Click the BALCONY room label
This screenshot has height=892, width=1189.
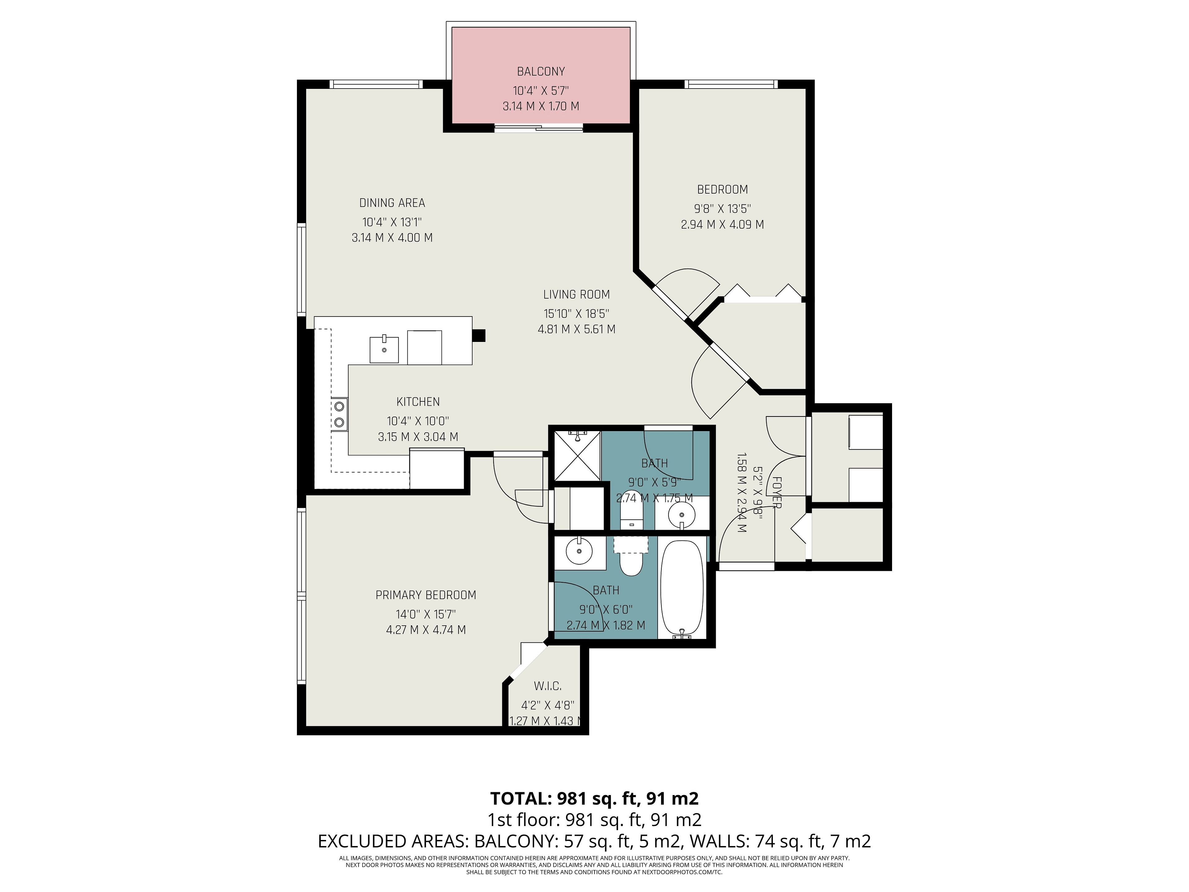pyautogui.click(x=541, y=72)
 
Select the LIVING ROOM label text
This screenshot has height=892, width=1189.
pyautogui.click(x=576, y=295)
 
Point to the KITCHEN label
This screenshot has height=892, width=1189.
pyautogui.click(x=418, y=402)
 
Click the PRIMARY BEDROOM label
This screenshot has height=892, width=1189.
pyautogui.click(x=426, y=595)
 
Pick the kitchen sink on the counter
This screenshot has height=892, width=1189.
pyautogui.click(x=384, y=349)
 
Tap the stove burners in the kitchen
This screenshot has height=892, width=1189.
pyautogui.click(x=339, y=414)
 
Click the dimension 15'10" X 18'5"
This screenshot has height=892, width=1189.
pyautogui.click(x=576, y=313)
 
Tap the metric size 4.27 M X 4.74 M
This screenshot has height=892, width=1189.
pyautogui.click(x=426, y=630)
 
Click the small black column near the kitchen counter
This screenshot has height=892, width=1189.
pyautogui.click(x=478, y=335)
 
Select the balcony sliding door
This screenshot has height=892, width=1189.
pyautogui.click(x=538, y=127)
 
